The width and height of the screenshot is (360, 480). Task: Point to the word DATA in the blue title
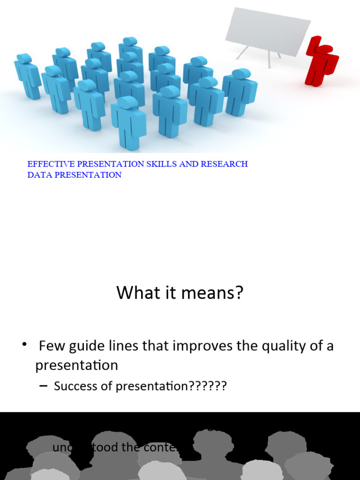tap(38, 175)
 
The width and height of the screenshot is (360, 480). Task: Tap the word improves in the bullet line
tap(199, 347)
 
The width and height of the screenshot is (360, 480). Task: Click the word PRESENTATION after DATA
tap(89, 175)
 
